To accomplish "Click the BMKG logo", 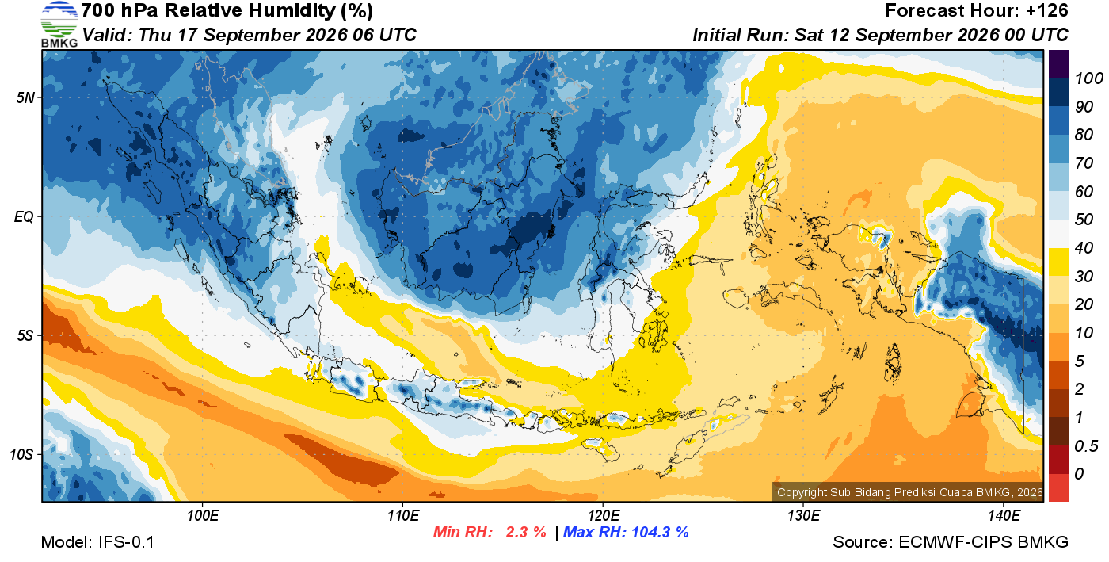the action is coord(59,25).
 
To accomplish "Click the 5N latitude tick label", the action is coord(25,97).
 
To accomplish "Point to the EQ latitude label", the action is coord(24,217).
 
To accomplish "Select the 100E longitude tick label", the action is coord(203,515).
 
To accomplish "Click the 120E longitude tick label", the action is coord(604,515).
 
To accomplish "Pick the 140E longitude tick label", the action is coord(1004,515).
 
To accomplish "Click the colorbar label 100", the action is coord(1088,78).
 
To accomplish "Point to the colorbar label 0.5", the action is coord(1086,446).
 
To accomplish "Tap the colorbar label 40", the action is coord(1084,248).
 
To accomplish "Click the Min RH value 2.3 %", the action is coord(526,532).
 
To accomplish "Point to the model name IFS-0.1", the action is coord(126,542).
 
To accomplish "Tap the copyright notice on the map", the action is coord(909,492).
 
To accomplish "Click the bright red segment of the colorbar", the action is coord(1058,487).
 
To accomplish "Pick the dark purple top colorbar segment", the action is coord(1058,64).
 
